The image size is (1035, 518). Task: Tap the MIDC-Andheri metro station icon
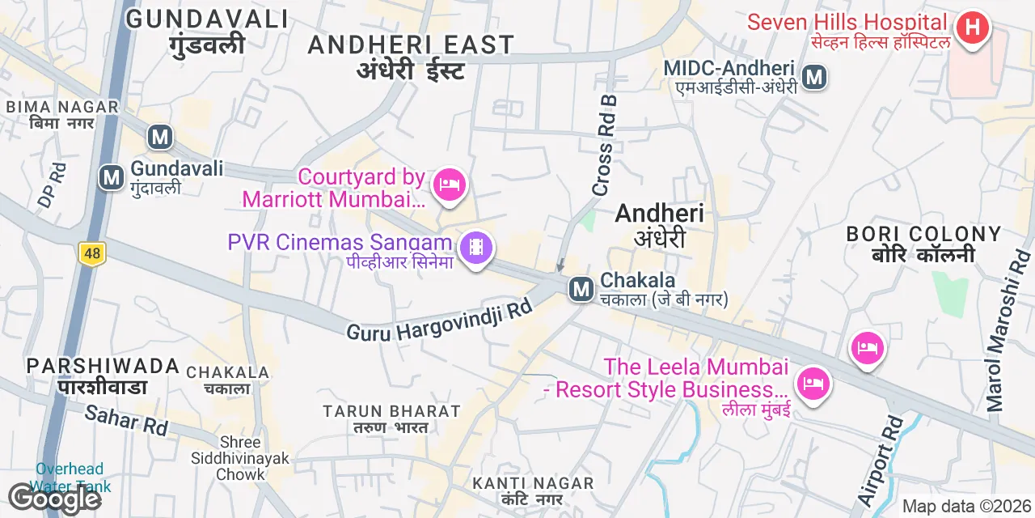click(x=814, y=78)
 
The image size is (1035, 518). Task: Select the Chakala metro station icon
click(x=581, y=289)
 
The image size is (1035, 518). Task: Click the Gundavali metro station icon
click(x=112, y=177)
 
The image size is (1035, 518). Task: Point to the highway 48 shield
click(x=92, y=254)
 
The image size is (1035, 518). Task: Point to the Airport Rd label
click(x=881, y=461)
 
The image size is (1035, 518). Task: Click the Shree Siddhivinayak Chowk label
click(x=240, y=458)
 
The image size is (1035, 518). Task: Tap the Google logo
click(x=54, y=499)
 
